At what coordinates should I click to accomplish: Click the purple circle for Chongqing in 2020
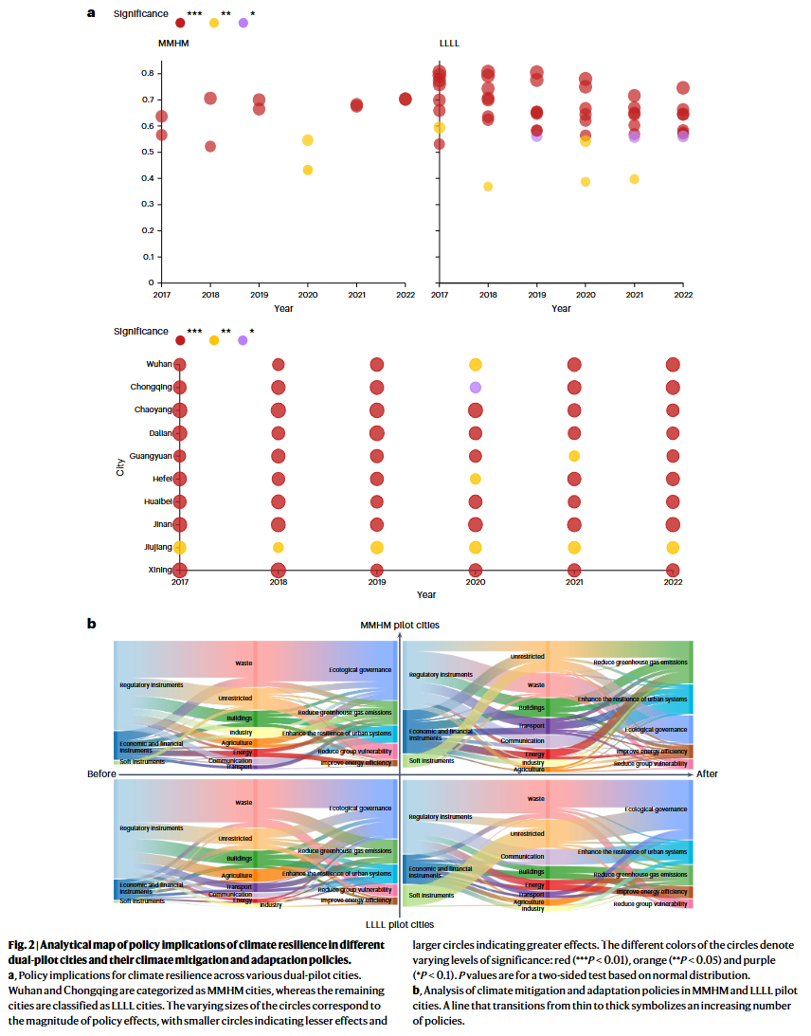point(476,388)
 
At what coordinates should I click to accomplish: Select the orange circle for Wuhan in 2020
point(476,365)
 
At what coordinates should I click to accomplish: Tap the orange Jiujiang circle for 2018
point(279,547)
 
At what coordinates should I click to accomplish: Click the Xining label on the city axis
point(158,570)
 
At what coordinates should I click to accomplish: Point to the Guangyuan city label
point(152,456)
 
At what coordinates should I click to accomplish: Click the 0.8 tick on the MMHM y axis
point(148,73)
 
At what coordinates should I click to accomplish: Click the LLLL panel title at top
point(450,44)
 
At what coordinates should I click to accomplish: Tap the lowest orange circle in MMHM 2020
point(308,170)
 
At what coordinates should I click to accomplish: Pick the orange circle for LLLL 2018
point(488,187)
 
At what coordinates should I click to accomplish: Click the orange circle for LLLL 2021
point(635,179)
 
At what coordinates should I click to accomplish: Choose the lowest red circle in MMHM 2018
point(210,146)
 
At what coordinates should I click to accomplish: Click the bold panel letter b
point(92,624)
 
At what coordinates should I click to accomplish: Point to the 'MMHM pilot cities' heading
point(399,626)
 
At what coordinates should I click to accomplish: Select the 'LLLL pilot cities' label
point(400,924)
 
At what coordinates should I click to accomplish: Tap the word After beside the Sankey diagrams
point(707,774)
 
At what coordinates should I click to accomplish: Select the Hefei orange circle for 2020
point(476,479)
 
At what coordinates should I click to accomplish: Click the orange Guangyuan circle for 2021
point(574,456)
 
